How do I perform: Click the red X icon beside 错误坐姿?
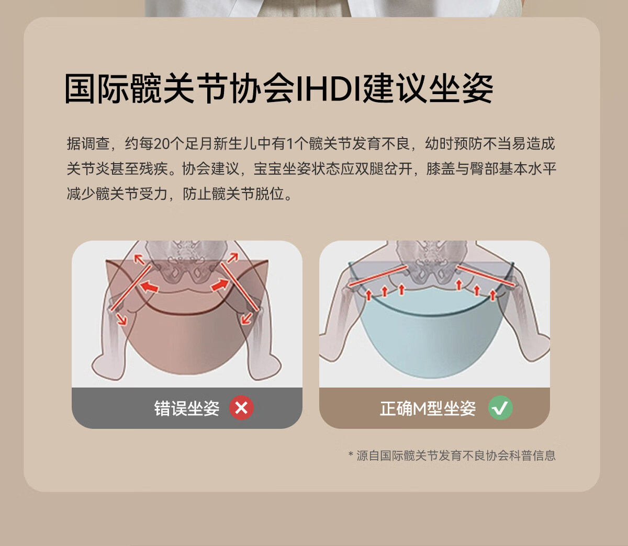coord(241,408)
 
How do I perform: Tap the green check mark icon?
coord(500,408)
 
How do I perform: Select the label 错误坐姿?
coord(187,408)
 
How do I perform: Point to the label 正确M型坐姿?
coord(428,408)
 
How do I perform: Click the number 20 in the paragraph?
coord(162,144)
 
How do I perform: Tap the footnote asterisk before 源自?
coord(351,454)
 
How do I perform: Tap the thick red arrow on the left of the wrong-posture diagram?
coord(149,287)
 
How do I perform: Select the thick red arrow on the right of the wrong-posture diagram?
coord(220,285)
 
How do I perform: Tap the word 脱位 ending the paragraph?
coord(270,194)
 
